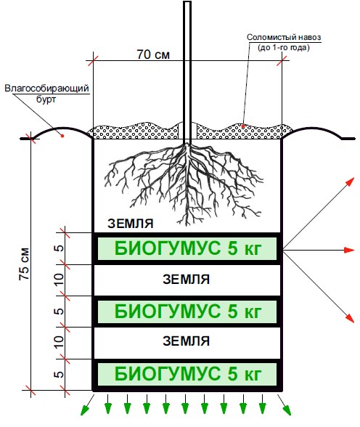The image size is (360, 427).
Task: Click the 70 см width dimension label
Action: tap(153, 54)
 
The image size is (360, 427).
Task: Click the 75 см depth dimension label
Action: tap(25, 264)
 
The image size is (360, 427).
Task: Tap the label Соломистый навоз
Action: tap(284, 37)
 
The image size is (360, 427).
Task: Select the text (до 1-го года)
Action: tap(284, 48)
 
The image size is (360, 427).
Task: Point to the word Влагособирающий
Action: tap(46, 89)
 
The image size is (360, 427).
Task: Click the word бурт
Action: tap(46, 99)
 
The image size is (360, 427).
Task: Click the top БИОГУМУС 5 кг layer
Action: tap(187, 248)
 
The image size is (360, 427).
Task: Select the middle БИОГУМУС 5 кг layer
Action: tap(187, 312)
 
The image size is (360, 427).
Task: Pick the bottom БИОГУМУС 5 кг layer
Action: tap(187, 374)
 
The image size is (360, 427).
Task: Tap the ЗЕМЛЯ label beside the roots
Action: tap(131, 224)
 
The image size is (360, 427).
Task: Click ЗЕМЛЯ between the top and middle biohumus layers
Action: tap(186, 280)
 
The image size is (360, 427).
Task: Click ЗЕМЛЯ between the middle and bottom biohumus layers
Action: tap(186, 341)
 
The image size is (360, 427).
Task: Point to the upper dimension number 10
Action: tap(59, 280)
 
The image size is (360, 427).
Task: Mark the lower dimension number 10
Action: tap(59, 342)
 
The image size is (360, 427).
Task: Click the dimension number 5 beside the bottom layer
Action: tap(59, 375)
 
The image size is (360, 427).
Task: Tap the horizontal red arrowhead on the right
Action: tap(349, 250)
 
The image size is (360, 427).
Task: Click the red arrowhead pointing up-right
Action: tap(351, 182)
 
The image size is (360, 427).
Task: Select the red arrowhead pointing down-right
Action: tap(351, 319)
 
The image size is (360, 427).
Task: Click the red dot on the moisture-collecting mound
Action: tap(62, 135)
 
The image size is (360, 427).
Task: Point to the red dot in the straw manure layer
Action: tap(243, 126)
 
